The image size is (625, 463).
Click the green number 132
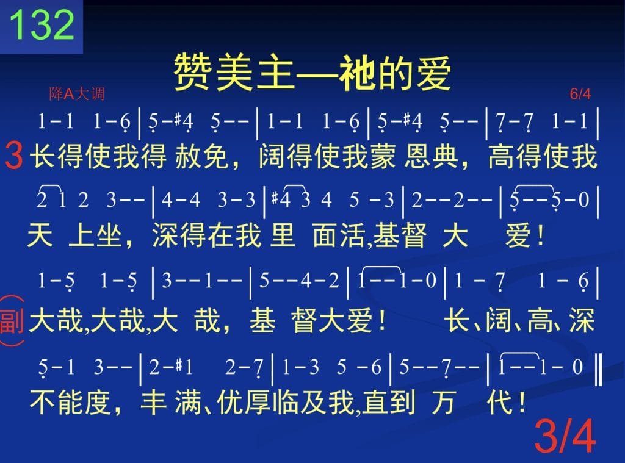point(42,24)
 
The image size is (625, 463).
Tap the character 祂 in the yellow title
point(356,73)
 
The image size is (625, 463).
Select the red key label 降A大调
point(76,93)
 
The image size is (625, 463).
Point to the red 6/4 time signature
point(580,94)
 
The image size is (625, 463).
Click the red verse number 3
point(15,156)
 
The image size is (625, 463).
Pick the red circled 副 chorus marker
point(12,321)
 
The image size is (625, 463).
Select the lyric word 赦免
point(201,156)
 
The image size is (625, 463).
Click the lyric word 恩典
point(431,156)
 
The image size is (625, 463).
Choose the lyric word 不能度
point(70,401)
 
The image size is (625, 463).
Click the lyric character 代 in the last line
point(500,401)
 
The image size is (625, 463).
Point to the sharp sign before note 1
point(178,365)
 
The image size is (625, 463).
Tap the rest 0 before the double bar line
point(577,367)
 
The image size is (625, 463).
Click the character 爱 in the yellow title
point(434,73)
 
